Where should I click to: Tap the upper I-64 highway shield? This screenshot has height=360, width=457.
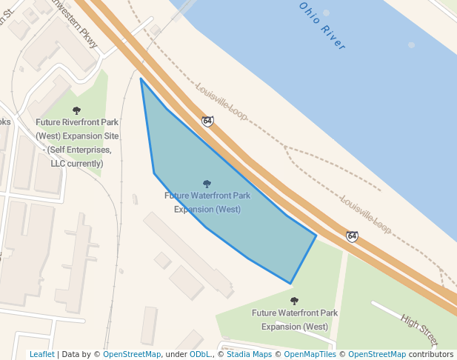pos(208,121)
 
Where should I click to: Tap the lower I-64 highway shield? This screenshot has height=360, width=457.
pos(352,236)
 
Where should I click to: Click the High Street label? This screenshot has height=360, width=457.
pos(419,330)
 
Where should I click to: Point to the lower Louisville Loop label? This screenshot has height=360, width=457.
pos(365,214)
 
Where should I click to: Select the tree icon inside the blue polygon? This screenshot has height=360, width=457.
pos(207,184)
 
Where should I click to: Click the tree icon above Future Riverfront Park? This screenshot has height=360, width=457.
pos(76,110)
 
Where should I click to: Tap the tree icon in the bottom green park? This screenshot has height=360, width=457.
pos(294,301)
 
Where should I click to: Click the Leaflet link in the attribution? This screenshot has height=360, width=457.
pos(41,354)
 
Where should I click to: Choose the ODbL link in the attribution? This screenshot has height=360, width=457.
pos(200,354)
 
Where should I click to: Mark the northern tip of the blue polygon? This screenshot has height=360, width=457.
pos(141,78)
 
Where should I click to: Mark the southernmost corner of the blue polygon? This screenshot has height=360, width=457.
pos(290,283)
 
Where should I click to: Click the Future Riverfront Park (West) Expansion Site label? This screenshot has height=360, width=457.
pos(76,143)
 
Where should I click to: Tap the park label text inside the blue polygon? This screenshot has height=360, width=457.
pos(207,202)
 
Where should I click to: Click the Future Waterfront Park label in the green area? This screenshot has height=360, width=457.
pos(295,319)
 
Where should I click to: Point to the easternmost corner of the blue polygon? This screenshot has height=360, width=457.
pos(316,236)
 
